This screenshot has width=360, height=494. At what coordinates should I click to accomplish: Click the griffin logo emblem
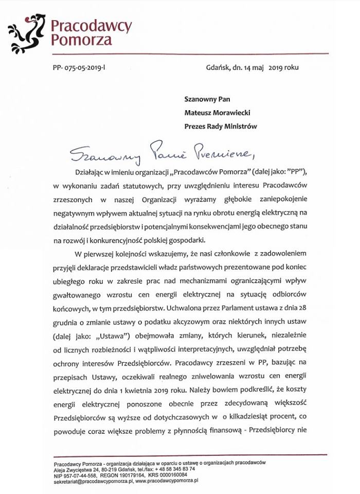click(26, 31)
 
